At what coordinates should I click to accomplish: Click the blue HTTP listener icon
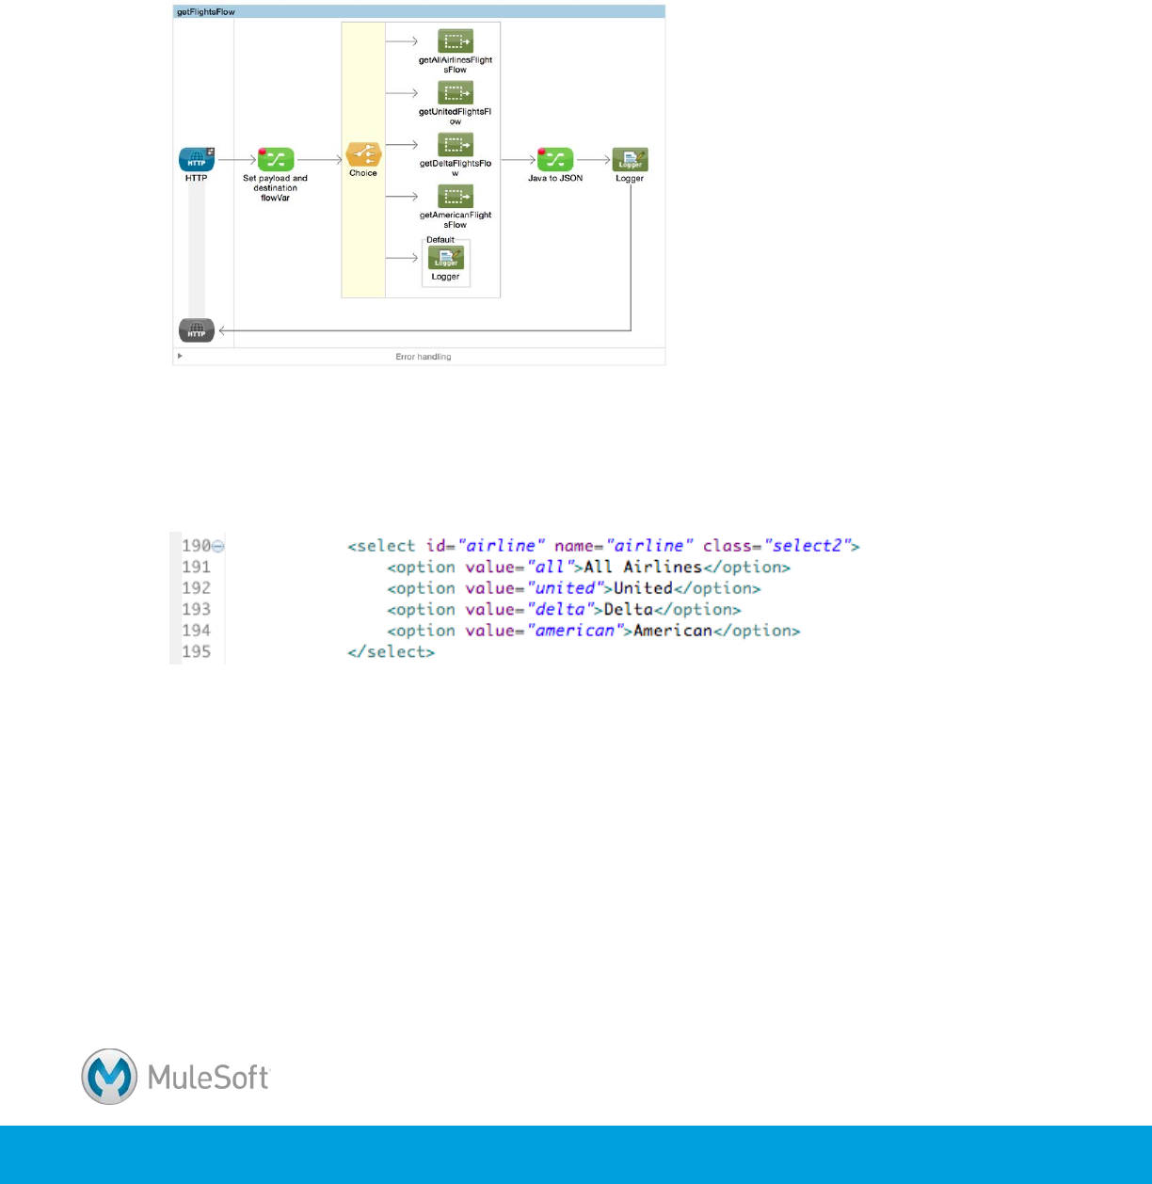[x=197, y=159]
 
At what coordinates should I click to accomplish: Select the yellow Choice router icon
[x=362, y=154]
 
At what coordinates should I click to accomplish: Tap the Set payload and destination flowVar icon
[x=276, y=159]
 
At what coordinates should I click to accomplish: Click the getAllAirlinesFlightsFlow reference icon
[x=456, y=41]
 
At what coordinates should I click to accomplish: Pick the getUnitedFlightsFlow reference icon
[x=456, y=93]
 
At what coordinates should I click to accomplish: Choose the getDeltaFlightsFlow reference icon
[x=456, y=145]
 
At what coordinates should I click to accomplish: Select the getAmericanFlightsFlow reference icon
[x=456, y=197]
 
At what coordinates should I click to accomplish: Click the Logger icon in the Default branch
[x=446, y=258]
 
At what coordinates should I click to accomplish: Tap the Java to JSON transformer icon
[x=555, y=159]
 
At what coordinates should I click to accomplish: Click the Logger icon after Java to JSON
[x=630, y=159]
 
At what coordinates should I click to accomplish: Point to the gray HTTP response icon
[x=197, y=330]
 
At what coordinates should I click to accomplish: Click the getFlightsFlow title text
[x=206, y=12]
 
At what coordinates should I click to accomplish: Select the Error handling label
[x=423, y=357]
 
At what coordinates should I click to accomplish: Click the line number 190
[x=196, y=546]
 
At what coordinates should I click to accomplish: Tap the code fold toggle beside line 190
[x=217, y=546]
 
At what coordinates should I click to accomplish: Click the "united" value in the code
[x=565, y=588]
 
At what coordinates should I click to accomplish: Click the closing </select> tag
[x=392, y=652]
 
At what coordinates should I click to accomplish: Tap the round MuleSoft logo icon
[x=109, y=1077]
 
